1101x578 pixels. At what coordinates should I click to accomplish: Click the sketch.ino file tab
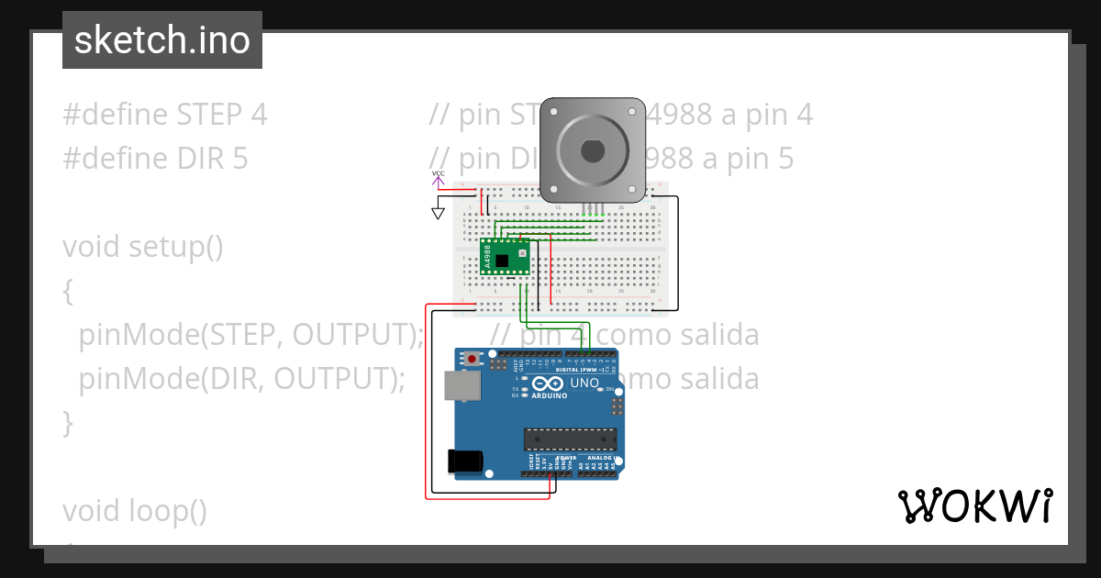coord(162,40)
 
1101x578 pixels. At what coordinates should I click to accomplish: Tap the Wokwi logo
coord(974,506)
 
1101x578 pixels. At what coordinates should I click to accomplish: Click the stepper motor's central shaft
coord(591,150)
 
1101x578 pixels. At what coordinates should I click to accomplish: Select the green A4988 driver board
coord(506,257)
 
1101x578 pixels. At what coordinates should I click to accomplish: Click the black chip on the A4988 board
coord(504,259)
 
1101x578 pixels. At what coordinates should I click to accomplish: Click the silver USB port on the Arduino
coord(462,385)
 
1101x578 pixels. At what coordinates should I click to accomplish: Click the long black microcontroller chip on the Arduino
coord(569,439)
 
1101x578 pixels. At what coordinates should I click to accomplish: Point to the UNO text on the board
coord(584,383)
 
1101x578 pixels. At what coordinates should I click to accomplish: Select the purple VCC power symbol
coord(439,176)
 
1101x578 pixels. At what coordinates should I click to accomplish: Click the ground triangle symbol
coord(439,213)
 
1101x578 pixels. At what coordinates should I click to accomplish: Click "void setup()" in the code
coord(142,247)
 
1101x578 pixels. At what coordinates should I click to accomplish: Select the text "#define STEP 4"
coord(165,115)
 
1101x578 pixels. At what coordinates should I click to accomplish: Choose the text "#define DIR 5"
coord(155,159)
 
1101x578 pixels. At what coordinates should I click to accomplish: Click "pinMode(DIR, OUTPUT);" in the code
coord(242,379)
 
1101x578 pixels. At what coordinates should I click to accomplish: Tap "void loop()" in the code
coord(135,510)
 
